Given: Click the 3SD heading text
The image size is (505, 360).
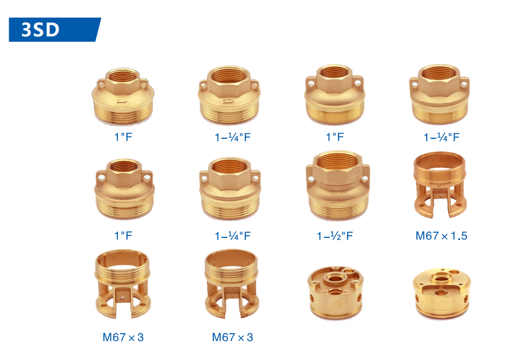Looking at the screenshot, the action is pos(40,29).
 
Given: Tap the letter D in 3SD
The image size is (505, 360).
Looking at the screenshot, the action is pos(53,29).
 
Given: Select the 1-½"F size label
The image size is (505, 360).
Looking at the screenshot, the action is pos(335,236).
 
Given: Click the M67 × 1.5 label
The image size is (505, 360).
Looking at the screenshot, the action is pos(441,236).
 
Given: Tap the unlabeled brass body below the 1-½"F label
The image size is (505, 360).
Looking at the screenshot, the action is pos(336,292).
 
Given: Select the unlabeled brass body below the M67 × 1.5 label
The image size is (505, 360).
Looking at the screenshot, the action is pos(442,292).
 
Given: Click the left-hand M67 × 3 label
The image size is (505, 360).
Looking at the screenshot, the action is pos(123,337).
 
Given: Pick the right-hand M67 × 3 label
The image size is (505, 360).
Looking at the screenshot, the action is pos(233,337).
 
